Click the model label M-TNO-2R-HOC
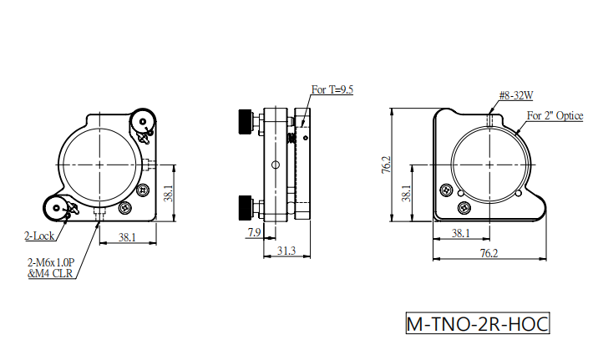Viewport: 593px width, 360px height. coord(478,324)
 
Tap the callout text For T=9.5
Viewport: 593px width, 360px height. coord(332,89)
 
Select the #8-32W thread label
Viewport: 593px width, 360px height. coord(516,95)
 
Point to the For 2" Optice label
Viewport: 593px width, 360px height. coord(555,116)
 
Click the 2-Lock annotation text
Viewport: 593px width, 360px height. coord(39,236)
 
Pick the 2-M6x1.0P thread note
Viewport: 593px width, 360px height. coord(51,262)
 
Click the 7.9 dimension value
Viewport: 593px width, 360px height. coord(254,232)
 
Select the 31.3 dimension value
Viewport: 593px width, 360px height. coord(286,251)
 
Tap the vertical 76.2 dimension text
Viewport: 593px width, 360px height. coord(386,165)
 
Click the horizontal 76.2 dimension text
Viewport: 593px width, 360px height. coord(489,253)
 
